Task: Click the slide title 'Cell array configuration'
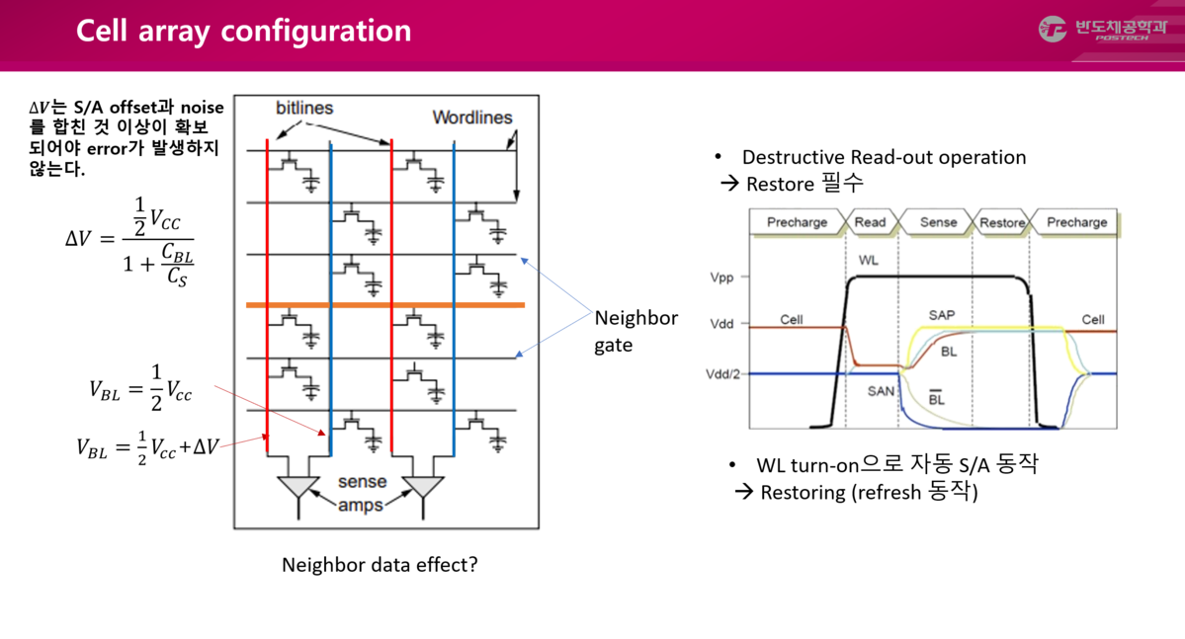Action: [x=243, y=31]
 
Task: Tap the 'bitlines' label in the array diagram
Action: [x=304, y=108]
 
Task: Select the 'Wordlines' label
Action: [x=472, y=118]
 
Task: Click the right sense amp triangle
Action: [x=423, y=487]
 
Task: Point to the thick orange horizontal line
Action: [x=385, y=305]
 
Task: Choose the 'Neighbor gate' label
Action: [x=635, y=332]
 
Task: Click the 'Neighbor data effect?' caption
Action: [x=380, y=566]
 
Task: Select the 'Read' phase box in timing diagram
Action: [x=870, y=222]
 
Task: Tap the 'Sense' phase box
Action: [x=938, y=222]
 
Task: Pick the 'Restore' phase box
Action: [x=1002, y=222]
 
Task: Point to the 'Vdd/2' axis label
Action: [x=723, y=374]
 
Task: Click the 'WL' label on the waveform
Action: [x=869, y=261]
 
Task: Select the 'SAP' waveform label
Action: [x=942, y=316]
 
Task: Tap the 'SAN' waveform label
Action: [x=881, y=391]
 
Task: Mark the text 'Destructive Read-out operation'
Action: [x=884, y=157]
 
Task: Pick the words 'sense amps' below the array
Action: [x=362, y=494]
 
